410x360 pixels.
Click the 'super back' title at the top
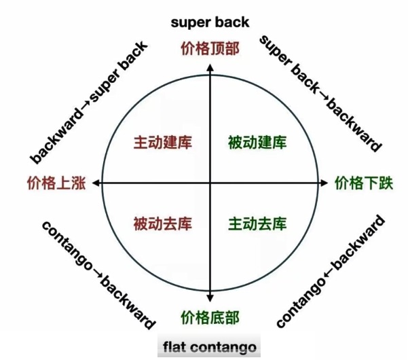point(210,22)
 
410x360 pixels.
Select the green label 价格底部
point(210,318)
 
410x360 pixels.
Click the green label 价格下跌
point(364,183)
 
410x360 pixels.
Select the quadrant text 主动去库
point(257,223)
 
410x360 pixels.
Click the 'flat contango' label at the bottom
point(209,348)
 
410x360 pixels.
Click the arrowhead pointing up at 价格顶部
point(210,63)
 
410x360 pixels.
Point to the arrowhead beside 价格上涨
point(95,183)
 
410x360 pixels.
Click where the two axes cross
point(210,183)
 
